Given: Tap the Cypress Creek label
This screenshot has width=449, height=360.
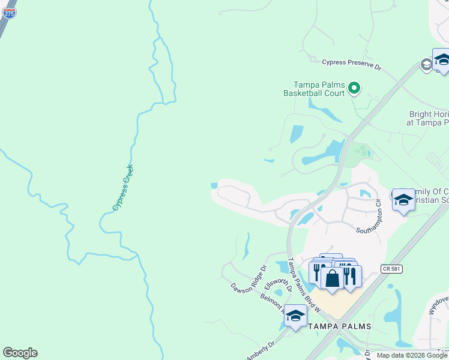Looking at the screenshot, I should tap(122, 188).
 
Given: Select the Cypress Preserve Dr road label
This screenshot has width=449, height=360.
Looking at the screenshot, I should tap(352, 63).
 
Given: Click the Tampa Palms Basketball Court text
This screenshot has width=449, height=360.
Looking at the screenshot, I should tap(318, 89).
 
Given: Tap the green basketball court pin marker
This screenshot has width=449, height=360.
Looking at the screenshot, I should tap(354, 89).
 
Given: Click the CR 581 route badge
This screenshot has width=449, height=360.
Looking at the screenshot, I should tap(390, 269).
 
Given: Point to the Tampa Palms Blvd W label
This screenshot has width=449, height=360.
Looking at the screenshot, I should tap(303, 284).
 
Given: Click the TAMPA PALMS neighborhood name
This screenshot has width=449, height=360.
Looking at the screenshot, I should tap(339, 326).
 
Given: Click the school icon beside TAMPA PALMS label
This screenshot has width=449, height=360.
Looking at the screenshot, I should tap(295, 316).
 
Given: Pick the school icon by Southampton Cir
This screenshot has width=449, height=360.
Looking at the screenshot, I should tap(403, 200).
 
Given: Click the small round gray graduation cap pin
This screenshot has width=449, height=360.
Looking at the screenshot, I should tap(426, 64).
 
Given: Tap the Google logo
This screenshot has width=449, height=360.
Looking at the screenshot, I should tap(20, 353).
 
